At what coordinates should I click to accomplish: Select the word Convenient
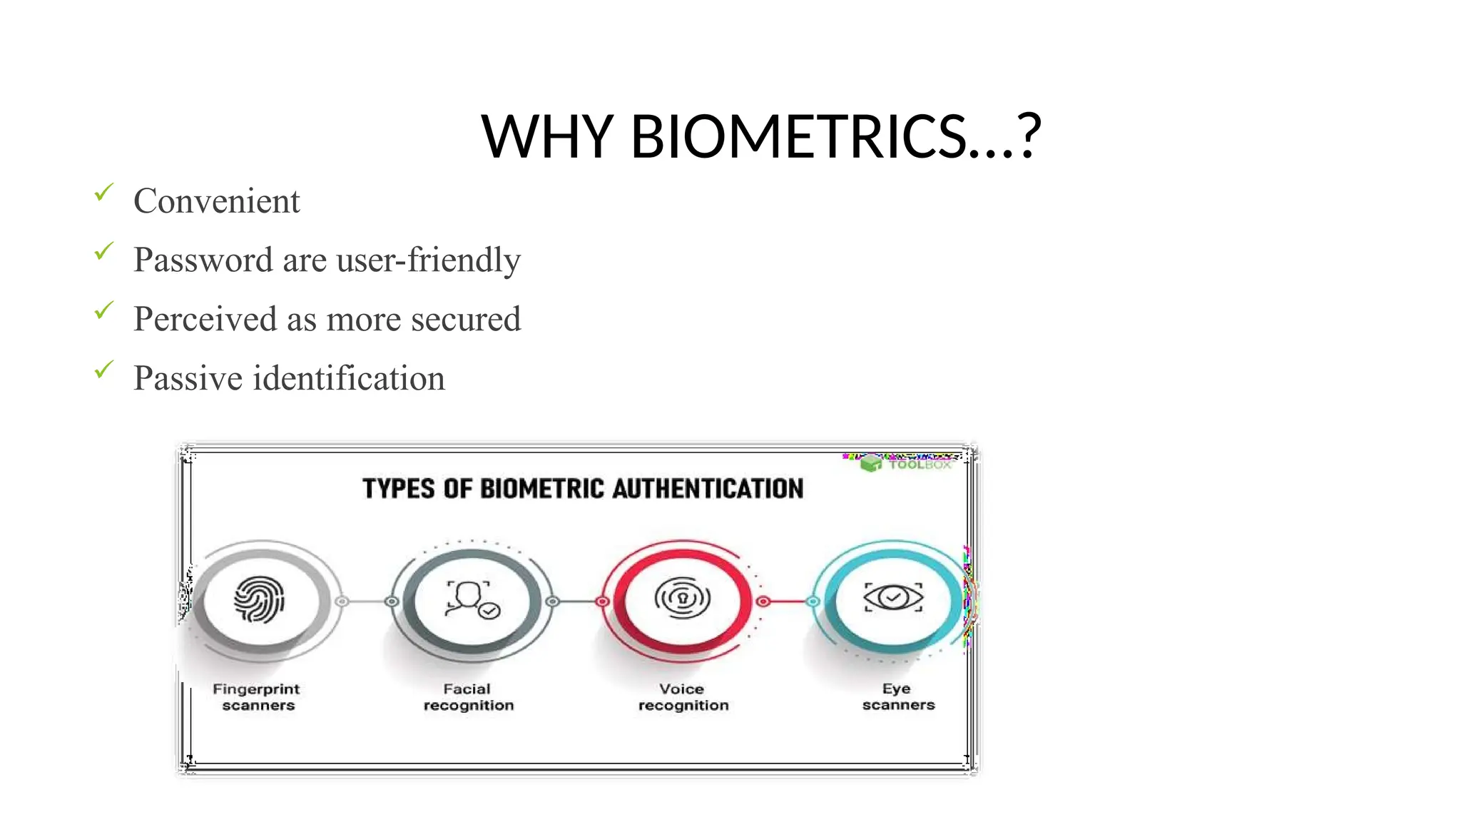(216, 201)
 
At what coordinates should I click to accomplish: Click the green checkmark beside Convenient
(104, 193)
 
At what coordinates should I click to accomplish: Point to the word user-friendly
(428, 260)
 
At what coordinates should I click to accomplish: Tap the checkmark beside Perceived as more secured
(104, 310)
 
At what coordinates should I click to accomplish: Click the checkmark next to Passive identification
(104, 370)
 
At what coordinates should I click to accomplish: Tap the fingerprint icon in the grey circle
(260, 599)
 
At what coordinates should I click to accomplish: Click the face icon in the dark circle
(469, 599)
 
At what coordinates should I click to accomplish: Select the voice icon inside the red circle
(682, 598)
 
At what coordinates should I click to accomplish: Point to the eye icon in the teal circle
(893, 597)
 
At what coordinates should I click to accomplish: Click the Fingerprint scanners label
(257, 697)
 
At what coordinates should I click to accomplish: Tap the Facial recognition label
(468, 697)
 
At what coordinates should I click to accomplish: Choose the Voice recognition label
(683, 697)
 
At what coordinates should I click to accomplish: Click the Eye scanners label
(897, 696)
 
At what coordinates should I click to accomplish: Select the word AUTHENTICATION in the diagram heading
(708, 489)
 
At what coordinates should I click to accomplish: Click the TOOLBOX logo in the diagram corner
(907, 464)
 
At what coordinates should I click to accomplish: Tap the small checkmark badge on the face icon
(489, 611)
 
